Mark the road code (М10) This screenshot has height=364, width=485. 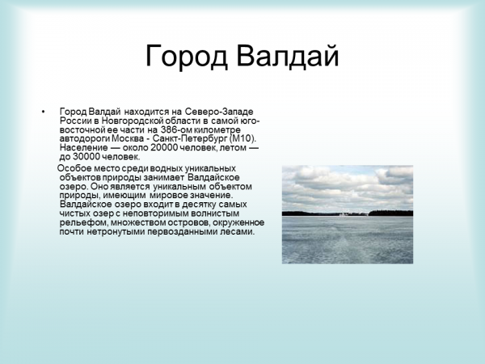pos(242,138)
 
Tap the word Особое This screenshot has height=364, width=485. pos(73,167)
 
